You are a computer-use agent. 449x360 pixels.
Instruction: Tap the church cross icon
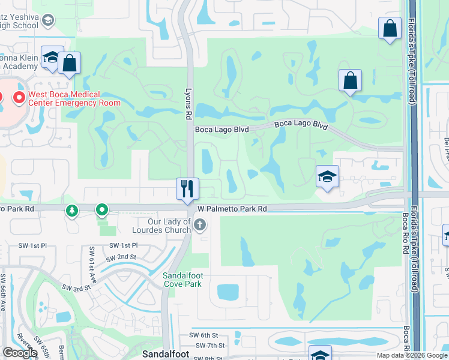click(200, 225)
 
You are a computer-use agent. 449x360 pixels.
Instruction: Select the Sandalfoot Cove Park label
click(183, 280)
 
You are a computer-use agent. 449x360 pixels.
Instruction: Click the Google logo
click(20, 353)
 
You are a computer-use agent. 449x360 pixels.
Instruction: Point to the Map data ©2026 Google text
click(411, 355)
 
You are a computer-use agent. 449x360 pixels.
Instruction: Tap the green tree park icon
click(72, 211)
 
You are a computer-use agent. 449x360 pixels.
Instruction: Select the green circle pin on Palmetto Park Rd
click(102, 210)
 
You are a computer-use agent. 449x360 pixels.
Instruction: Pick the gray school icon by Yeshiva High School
click(47, 20)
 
